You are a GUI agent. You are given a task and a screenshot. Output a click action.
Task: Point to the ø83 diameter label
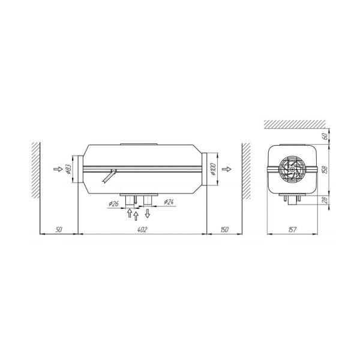click(x=68, y=170)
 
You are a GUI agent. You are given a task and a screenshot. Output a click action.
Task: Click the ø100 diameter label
click(x=214, y=170)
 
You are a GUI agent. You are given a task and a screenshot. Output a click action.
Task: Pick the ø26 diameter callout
click(x=113, y=204)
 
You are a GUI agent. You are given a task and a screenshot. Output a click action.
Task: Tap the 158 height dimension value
click(x=324, y=169)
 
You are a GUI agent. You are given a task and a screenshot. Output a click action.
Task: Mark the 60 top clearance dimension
click(x=324, y=136)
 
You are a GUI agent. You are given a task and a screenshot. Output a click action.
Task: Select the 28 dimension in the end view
click(x=324, y=200)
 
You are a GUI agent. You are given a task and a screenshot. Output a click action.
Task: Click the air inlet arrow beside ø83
click(x=58, y=170)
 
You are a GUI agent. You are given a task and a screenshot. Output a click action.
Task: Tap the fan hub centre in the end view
click(x=291, y=170)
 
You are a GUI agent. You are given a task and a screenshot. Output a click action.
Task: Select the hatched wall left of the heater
click(x=35, y=171)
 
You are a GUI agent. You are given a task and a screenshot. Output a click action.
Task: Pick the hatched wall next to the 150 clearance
click(x=245, y=171)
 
